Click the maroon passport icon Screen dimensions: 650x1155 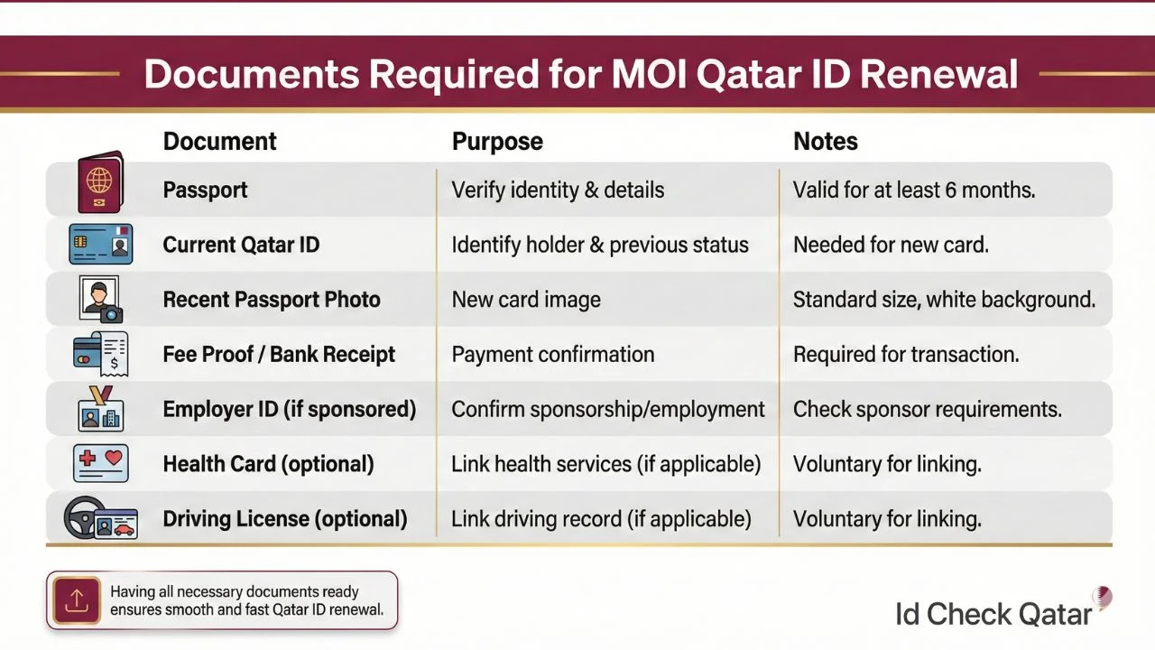(100, 182)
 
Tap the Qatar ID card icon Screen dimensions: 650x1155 (101, 245)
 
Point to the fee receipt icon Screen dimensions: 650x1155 (100, 354)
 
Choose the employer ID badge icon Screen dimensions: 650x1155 (100, 409)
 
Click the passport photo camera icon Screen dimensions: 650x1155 (100, 300)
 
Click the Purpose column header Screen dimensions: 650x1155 (497, 142)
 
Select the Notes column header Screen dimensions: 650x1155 (825, 142)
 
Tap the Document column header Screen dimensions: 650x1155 (219, 142)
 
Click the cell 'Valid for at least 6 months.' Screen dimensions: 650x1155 (913, 190)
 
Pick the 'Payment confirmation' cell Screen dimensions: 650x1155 (552, 355)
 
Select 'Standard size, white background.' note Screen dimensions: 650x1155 (944, 300)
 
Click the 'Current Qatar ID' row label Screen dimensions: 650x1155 (241, 246)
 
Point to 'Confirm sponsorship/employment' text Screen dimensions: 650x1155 (607, 410)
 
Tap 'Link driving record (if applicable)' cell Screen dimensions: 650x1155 (601, 519)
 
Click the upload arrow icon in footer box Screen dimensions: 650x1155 (77, 600)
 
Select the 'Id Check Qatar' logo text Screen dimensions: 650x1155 (993, 615)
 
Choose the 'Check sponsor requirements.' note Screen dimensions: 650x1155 (927, 410)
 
